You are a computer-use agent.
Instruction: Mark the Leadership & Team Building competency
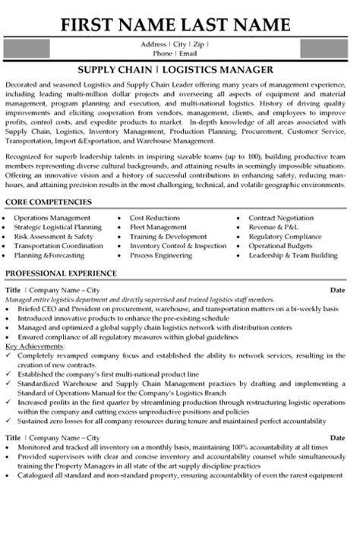[x=296, y=256]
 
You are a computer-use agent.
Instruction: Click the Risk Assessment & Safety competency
[x=53, y=236]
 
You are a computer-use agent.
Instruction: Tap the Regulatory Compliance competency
[x=287, y=236]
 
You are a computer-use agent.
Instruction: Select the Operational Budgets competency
[x=283, y=246]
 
